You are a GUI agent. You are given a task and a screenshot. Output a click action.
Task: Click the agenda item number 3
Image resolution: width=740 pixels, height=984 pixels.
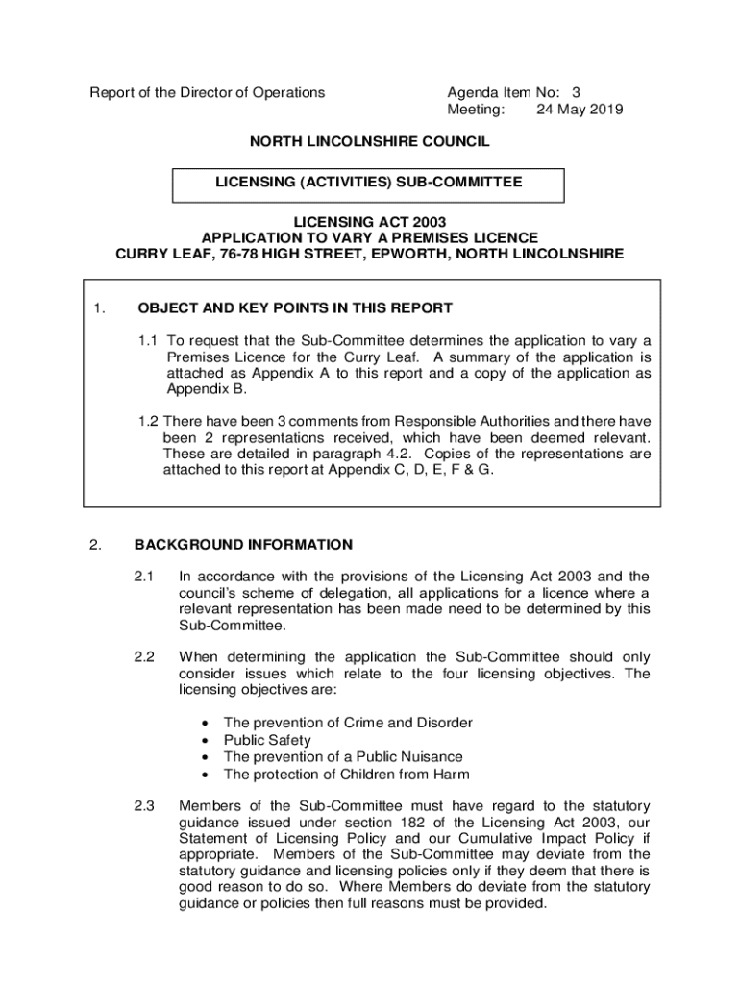(576, 93)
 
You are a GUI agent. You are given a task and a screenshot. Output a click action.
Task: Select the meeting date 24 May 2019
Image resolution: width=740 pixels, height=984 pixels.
(580, 110)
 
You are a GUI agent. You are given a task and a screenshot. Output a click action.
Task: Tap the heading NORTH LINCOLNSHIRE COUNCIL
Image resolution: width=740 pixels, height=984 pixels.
(369, 142)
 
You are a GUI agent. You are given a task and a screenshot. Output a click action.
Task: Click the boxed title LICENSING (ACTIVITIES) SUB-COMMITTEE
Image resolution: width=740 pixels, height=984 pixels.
(369, 182)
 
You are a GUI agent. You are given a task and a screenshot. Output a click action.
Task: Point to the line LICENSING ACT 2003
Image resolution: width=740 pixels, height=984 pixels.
(369, 222)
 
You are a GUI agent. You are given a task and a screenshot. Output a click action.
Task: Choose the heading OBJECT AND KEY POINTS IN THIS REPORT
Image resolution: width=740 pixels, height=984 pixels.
(295, 308)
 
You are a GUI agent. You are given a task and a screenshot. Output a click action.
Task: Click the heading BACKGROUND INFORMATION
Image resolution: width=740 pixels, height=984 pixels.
(243, 545)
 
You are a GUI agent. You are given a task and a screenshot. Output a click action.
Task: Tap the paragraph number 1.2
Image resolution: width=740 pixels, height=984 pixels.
(146, 421)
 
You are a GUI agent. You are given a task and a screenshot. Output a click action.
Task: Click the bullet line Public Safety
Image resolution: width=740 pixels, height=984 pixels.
(267, 740)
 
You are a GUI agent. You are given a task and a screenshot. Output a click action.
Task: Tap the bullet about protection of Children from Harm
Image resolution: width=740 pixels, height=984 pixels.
(346, 775)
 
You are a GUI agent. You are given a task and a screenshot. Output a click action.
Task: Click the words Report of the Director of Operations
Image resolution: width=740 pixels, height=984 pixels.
(208, 93)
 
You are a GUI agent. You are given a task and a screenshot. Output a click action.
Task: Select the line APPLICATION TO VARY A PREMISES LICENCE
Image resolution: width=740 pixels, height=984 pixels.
(369, 238)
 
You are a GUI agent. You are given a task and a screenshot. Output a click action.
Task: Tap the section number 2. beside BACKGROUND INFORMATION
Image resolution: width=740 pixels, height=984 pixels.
(95, 545)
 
